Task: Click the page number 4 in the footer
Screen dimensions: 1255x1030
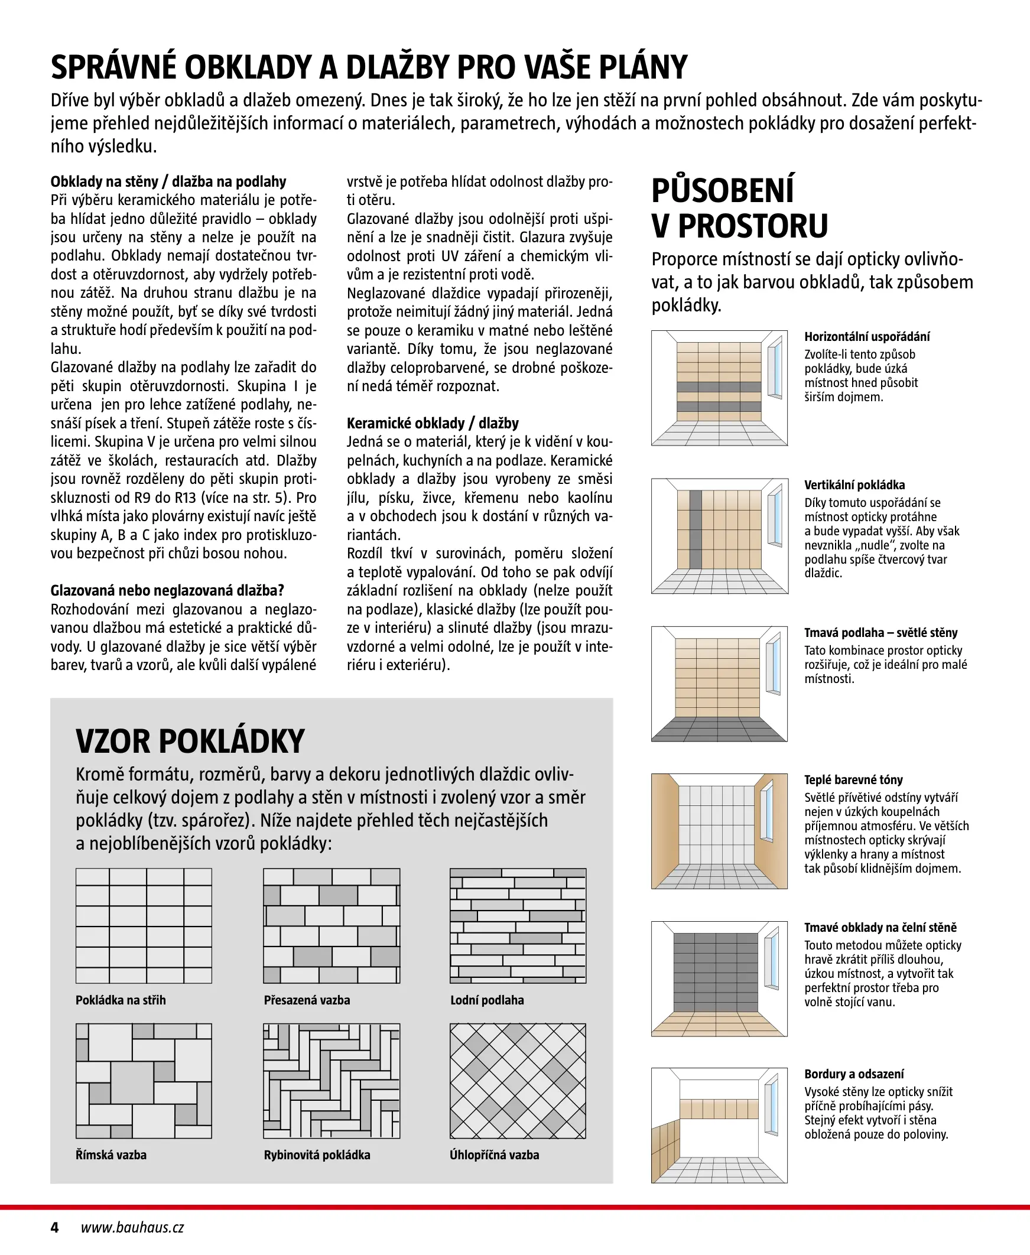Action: pos(54,1227)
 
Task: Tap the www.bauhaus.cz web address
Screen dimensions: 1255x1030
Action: pos(132,1227)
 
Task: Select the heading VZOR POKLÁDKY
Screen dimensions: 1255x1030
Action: pos(190,742)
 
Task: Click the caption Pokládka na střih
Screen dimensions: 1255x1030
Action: pos(121,1000)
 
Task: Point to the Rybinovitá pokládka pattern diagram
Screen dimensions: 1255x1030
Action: pos(332,1081)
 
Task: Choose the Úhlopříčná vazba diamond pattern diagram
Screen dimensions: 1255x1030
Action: pos(518,1081)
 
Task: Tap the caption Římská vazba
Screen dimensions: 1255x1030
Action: pos(111,1155)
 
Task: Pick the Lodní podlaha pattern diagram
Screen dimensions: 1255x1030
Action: pos(518,926)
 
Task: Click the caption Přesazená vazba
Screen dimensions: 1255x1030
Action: pos(307,1000)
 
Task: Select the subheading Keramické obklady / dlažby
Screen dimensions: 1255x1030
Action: pos(433,424)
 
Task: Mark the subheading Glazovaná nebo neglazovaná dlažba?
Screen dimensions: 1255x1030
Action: pos(167,591)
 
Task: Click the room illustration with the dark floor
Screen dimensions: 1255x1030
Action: pos(719,684)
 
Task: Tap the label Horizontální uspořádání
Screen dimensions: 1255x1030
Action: pos(867,337)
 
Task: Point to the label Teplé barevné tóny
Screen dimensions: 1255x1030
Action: pos(853,780)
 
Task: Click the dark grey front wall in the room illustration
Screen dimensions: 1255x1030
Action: pos(716,973)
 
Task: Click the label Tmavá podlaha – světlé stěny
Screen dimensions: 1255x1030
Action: pos(880,633)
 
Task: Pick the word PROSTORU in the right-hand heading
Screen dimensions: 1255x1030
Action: pos(752,226)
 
